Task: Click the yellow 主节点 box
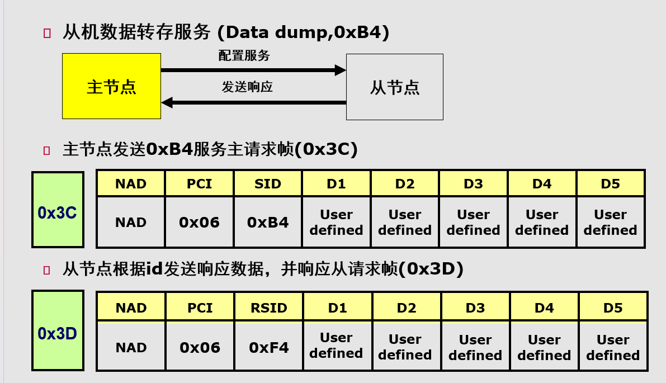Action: coord(111,86)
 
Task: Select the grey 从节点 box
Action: coord(394,87)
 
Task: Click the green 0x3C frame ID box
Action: coord(58,210)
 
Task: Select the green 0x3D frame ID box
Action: coord(58,330)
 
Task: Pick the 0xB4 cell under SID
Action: coord(268,222)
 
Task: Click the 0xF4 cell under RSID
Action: coord(269,347)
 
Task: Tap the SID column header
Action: coord(268,184)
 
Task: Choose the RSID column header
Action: coord(269,308)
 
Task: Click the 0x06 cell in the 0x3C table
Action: coord(199,222)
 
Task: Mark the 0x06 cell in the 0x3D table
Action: coord(200,347)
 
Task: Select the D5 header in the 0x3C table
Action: coord(610,184)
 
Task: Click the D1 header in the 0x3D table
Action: coord(337,308)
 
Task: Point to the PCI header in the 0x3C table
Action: coord(199,184)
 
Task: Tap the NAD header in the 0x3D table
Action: coord(131,308)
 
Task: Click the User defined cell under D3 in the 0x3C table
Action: coord(473,222)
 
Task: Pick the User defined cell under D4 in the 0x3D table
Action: coord(544,347)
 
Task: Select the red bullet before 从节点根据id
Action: coord(47,271)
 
